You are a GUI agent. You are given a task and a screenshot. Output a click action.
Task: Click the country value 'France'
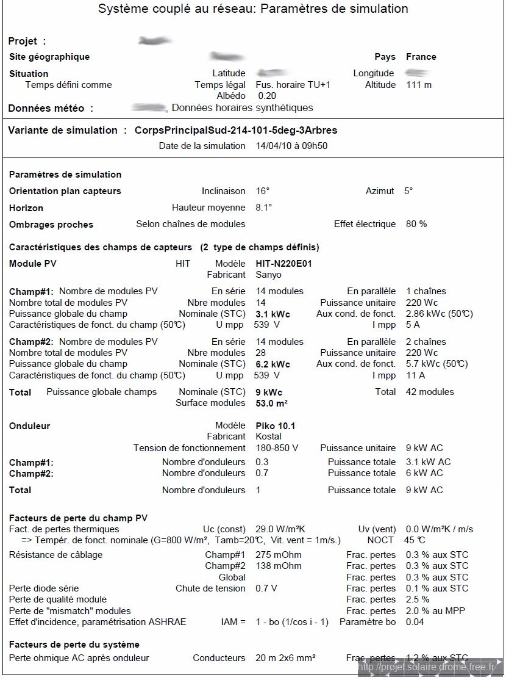pos(421,57)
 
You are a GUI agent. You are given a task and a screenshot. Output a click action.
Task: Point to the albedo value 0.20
pos(267,96)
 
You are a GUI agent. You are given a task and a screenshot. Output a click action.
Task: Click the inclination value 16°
pos(262,191)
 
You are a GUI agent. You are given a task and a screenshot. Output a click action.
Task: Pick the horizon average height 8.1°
pos(264,208)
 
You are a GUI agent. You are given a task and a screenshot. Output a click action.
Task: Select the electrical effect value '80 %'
pos(416,224)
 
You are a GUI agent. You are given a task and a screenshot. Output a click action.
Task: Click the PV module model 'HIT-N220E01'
pos(284,264)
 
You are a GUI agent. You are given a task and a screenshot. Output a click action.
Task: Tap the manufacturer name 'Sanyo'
pos(268,275)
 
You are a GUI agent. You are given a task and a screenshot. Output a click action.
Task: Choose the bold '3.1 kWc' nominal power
pos(273,314)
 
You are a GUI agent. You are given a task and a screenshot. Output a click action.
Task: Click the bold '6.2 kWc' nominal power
pos(273,364)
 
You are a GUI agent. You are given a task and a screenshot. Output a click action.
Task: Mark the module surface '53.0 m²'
pos(271,403)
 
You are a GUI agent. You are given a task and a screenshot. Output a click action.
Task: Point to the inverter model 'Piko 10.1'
pos(275,425)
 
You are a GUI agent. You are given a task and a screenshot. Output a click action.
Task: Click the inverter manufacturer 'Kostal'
pos(268,436)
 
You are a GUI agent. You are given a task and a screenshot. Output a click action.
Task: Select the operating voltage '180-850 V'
pos(277,448)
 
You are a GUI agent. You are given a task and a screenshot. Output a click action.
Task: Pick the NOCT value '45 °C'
pos(414,540)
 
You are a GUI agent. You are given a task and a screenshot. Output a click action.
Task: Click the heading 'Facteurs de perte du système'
pos(74,645)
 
